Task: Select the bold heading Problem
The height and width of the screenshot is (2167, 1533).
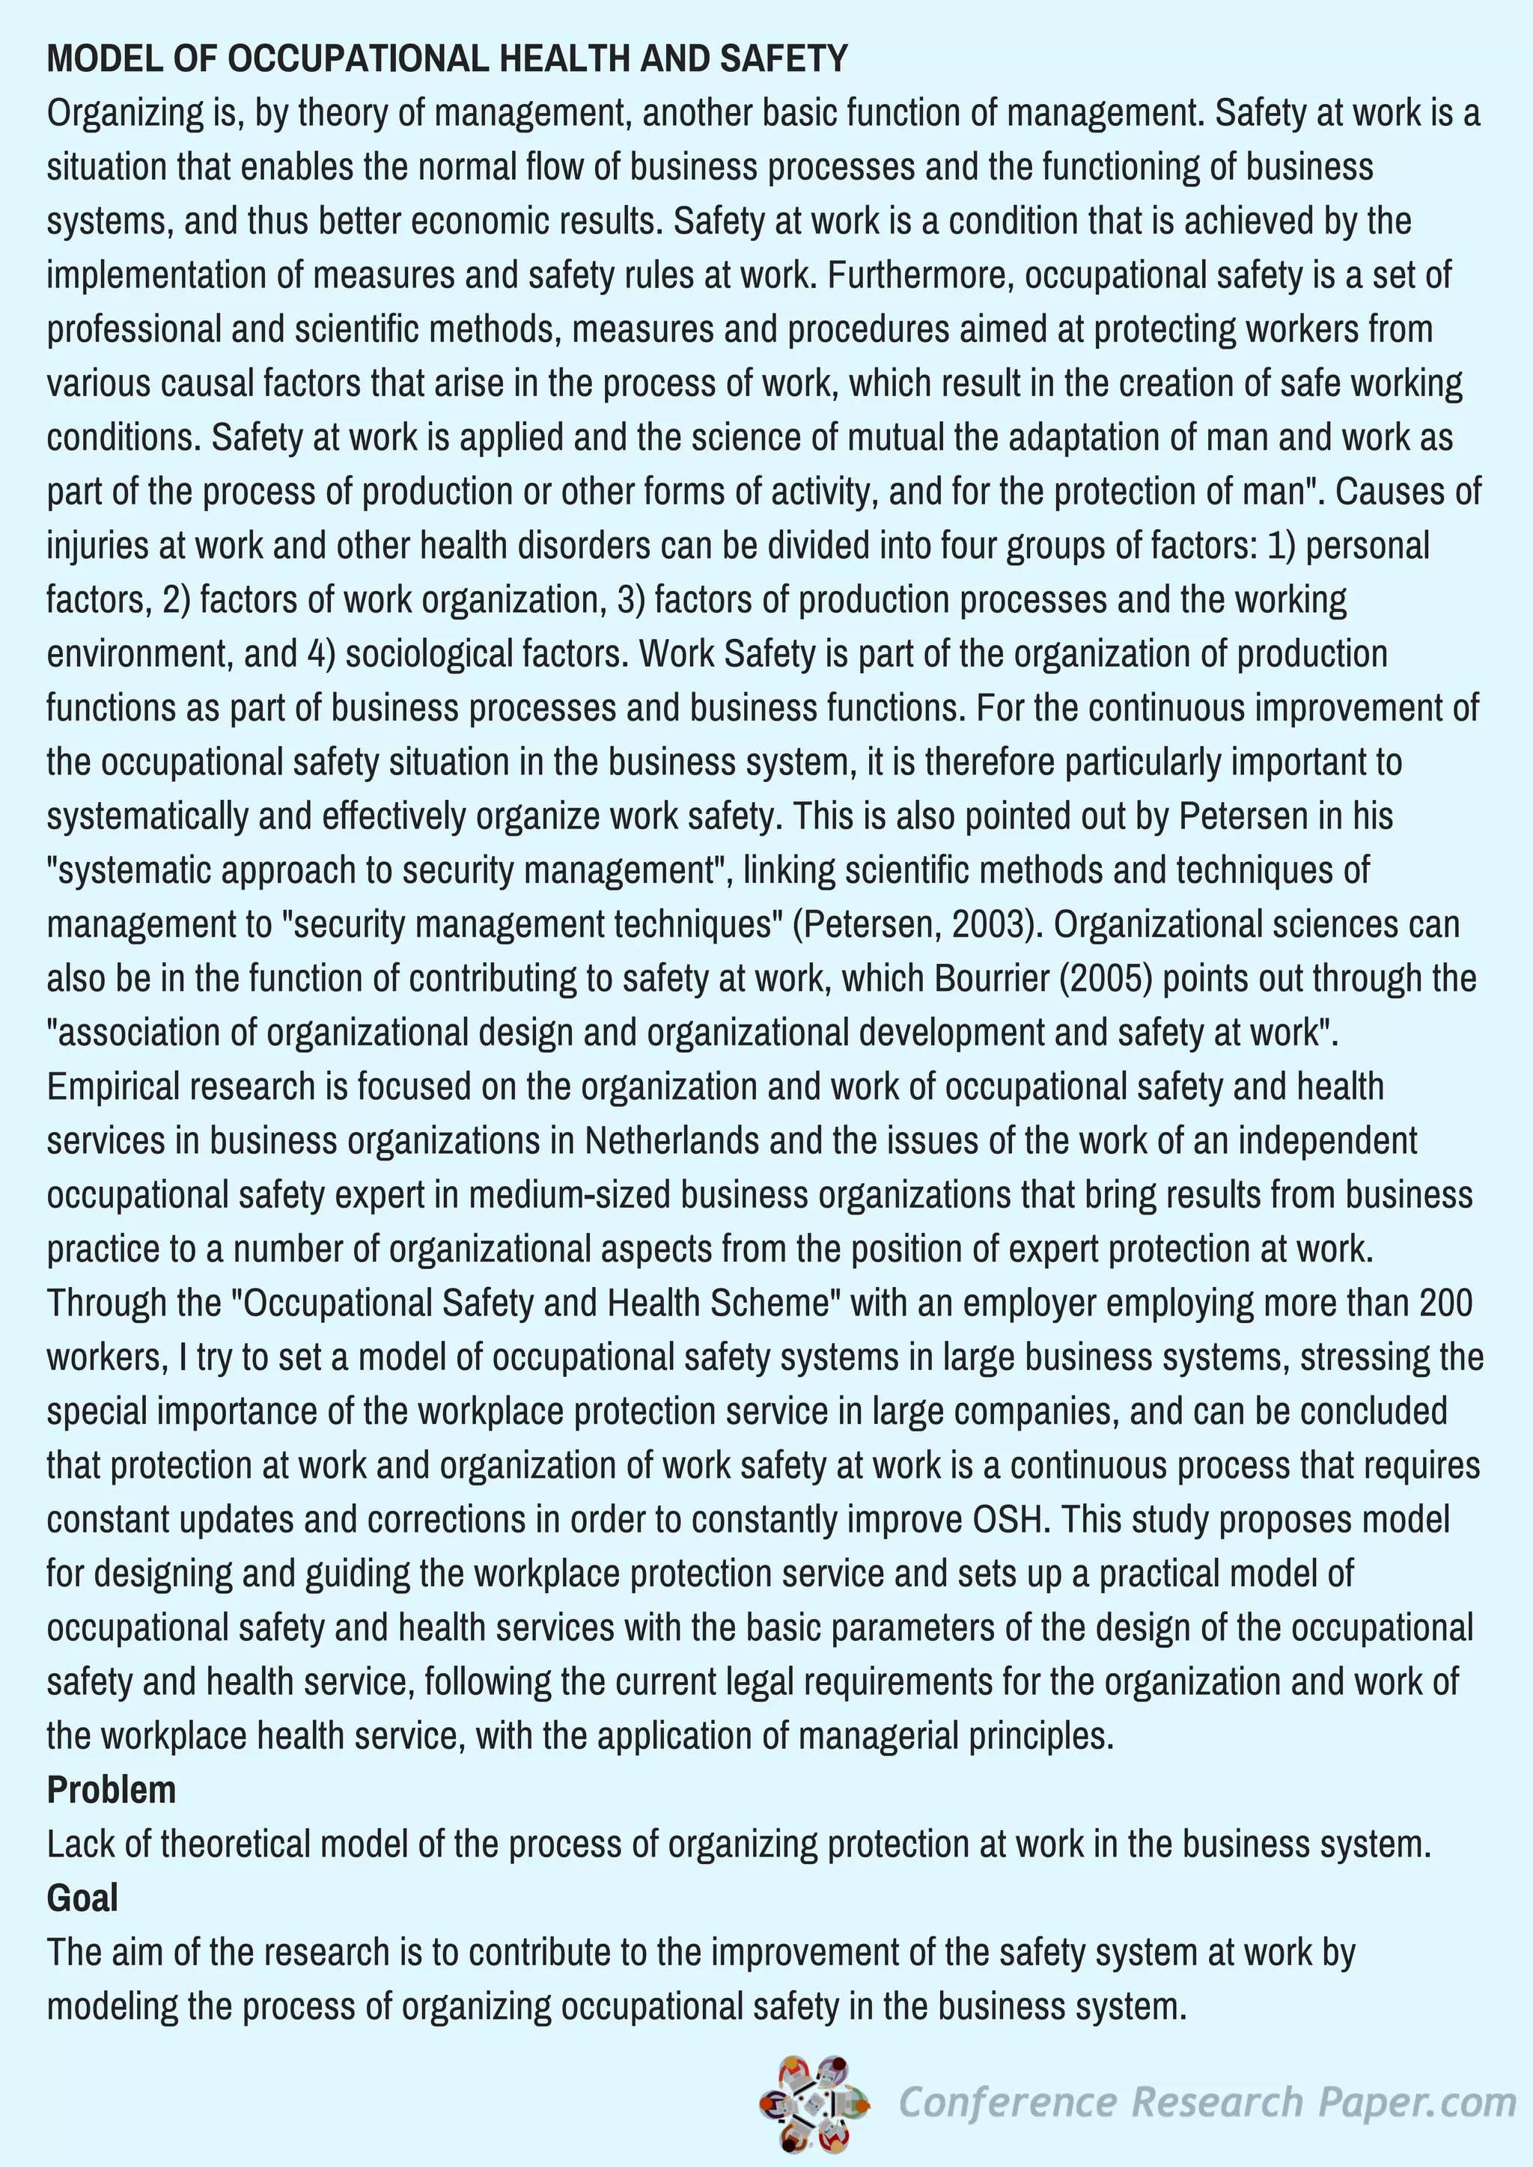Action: pos(112,1789)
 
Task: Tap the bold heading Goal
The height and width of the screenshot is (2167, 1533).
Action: pos(82,1897)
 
